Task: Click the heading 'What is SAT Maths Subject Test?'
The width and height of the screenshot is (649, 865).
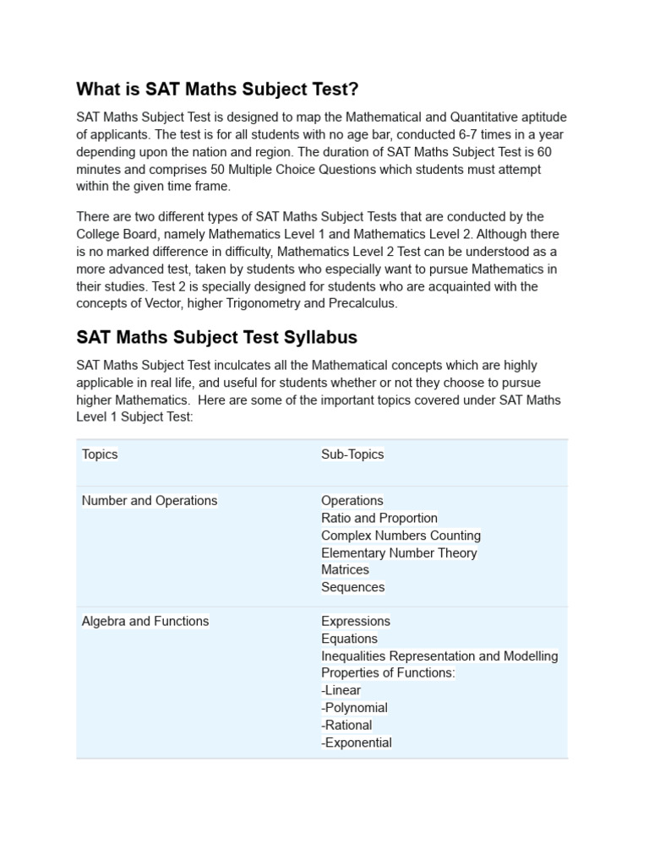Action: click(217, 89)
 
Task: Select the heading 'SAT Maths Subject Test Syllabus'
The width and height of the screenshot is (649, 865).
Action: click(216, 337)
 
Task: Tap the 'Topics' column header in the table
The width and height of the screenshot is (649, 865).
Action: click(100, 454)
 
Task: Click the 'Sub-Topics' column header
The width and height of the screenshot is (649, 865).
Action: click(352, 454)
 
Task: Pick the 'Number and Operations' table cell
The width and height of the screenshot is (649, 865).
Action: click(150, 501)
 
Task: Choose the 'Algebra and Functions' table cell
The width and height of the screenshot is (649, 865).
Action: click(145, 622)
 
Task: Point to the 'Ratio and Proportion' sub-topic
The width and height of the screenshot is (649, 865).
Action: click(379, 519)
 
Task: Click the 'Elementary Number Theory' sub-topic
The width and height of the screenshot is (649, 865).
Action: click(399, 553)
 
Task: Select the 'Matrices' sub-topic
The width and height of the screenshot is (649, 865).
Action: click(345, 570)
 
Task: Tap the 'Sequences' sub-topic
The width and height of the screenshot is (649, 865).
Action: click(352, 587)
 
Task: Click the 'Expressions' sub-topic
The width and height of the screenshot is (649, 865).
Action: click(356, 622)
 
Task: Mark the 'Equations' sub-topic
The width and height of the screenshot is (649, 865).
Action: click(349, 639)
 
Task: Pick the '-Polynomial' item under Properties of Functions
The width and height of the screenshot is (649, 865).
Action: click(354, 708)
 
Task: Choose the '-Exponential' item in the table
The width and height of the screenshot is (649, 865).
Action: click(357, 743)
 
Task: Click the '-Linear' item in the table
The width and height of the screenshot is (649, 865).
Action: click(341, 691)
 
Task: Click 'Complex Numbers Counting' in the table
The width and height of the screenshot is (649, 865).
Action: click(401, 536)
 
